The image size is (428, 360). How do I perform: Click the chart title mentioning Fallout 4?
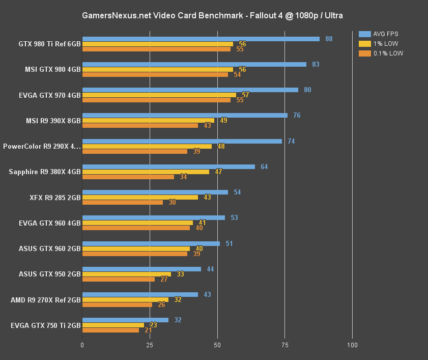213,16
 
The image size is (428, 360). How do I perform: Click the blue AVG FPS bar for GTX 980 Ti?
201,39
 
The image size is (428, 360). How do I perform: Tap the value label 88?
329,39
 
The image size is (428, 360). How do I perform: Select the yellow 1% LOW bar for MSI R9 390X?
148,120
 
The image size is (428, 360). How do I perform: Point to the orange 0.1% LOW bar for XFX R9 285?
123,202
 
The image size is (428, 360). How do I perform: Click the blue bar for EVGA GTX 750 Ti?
125,320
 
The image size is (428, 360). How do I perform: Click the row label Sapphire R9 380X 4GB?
45,172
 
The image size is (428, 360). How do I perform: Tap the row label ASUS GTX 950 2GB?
49,274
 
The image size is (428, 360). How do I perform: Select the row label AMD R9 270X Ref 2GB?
46,300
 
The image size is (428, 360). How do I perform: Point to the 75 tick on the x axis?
284,345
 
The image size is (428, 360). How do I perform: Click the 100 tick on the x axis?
352,345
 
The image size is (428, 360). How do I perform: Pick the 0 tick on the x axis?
82,345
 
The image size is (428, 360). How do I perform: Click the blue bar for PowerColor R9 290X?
182,141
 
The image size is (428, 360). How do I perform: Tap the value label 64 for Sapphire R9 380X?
264,167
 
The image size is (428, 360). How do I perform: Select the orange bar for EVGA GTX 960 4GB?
136,228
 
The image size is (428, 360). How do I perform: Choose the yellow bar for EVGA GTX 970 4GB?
159,95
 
